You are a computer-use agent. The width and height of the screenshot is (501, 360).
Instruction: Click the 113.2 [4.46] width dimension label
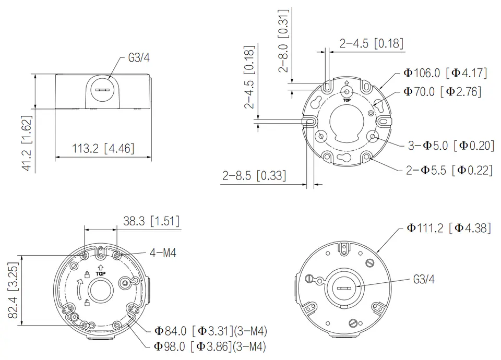pos(103,149)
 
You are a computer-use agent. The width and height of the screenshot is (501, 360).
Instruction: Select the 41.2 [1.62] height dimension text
pos(27,143)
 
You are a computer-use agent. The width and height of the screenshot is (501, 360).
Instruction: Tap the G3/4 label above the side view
pos(139,58)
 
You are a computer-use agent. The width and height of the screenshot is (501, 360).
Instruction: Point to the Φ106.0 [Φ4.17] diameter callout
pos(445,73)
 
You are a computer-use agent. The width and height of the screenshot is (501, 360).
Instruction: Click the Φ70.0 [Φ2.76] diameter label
pos(442,92)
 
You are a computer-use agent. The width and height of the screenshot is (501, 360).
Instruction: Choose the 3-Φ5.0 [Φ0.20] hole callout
pos(451,146)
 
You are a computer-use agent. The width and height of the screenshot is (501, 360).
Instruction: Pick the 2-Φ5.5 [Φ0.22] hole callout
pos(449,170)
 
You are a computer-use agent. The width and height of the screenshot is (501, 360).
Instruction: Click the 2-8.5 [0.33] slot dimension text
pos(254,176)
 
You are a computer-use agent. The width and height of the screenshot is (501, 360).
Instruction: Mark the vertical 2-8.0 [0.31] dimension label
pos(283,41)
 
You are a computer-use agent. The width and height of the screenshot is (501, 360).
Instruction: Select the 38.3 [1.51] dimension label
pos(151,221)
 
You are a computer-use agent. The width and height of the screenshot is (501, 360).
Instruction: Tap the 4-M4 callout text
pos(163,253)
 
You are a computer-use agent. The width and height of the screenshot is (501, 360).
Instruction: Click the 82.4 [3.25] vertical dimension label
pos(14,290)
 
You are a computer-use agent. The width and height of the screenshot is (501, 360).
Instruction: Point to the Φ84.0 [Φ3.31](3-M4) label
pos(210,331)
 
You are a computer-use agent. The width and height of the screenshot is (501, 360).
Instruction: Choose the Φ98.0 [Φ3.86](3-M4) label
pos(210,346)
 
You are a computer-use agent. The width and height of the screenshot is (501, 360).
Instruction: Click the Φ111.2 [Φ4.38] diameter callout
pos(449,228)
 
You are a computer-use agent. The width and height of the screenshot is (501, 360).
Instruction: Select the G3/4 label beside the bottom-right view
pos(424,280)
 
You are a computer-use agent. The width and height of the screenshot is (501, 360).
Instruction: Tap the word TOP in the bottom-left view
pos(100,274)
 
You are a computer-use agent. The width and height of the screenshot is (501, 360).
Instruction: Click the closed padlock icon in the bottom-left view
pos(87,274)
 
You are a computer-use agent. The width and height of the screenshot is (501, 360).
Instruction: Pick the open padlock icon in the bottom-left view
pos(87,303)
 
